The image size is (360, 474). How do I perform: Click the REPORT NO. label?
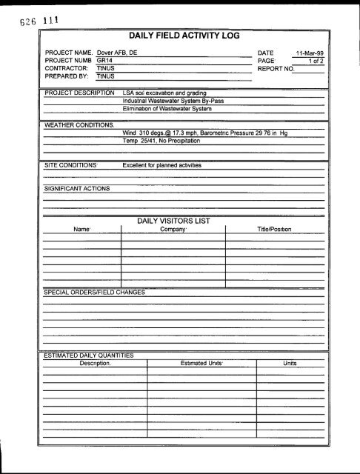click(x=275, y=69)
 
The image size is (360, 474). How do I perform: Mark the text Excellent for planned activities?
click(x=161, y=165)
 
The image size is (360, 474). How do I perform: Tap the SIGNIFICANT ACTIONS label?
click(x=76, y=189)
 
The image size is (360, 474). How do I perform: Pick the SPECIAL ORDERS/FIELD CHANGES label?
click(x=93, y=292)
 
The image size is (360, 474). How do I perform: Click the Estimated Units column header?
click(x=201, y=364)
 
